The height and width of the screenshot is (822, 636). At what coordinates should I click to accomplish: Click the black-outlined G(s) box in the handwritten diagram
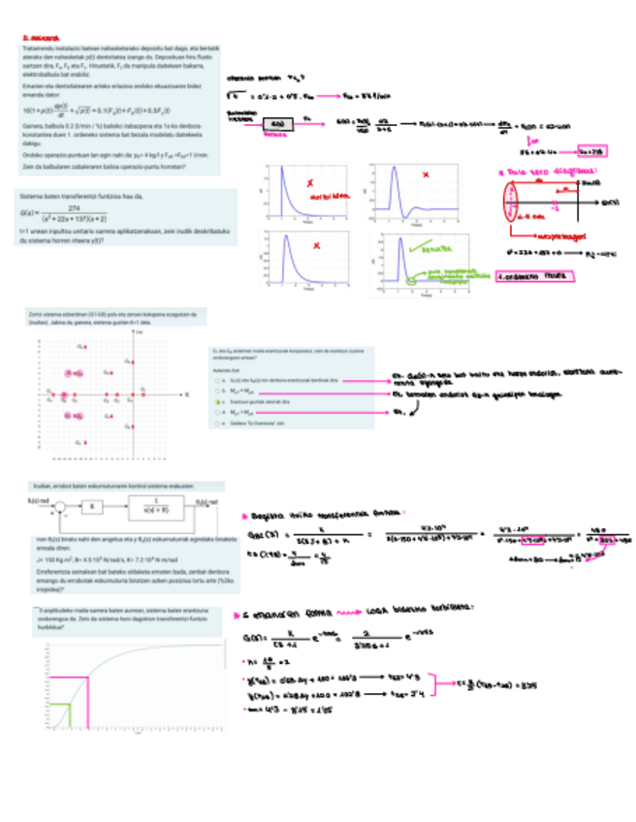tap(278, 124)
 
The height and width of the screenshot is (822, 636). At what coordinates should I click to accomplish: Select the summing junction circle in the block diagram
tap(60, 506)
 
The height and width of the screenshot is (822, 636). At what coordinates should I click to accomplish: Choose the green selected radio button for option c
tap(214, 399)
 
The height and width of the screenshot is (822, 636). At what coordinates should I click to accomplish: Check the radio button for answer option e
tap(214, 424)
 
